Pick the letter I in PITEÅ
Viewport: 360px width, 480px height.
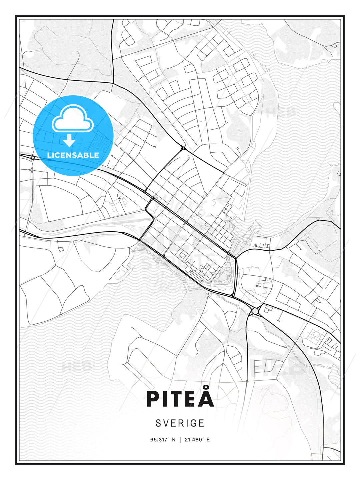pyautogui.click(x=165, y=399)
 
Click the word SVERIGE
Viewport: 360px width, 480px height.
pyautogui.click(x=180, y=423)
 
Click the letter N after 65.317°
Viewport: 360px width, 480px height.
pyautogui.click(x=173, y=440)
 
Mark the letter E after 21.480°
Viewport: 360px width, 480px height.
pyautogui.click(x=208, y=440)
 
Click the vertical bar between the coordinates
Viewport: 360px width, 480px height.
pyautogui.click(x=180, y=440)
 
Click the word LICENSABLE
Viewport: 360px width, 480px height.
pyautogui.click(x=73, y=155)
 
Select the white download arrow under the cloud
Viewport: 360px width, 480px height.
pyautogui.click(x=69, y=141)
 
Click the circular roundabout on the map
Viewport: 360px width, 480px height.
pyautogui.click(x=255, y=311)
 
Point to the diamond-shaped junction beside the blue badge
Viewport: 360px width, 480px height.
pyautogui.click(x=33, y=157)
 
